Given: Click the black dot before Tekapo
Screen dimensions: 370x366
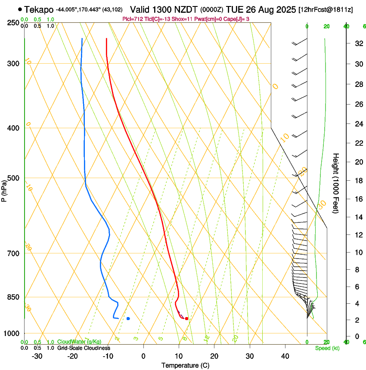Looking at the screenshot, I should point(20,9).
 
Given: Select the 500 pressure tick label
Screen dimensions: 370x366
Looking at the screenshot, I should point(14,178).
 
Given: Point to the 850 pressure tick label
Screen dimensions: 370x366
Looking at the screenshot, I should point(14,297).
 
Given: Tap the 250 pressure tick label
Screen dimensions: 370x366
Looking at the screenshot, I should point(14,22).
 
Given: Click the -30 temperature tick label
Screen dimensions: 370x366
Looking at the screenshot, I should point(37,356).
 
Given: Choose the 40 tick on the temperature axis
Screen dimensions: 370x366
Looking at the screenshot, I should point(285,356).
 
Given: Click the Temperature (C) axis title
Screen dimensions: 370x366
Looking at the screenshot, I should point(185,365).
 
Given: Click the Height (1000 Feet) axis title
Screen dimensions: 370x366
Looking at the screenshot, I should point(336,183).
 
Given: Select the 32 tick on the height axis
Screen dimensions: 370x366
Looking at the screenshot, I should point(358,43).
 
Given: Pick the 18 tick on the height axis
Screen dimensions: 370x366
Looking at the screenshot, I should point(358,181).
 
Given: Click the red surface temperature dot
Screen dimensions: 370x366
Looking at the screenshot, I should point(186,318).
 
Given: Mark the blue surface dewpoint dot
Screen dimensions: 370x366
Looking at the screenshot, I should point(128,318).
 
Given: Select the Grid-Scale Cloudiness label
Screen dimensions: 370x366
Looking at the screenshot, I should point(84,348).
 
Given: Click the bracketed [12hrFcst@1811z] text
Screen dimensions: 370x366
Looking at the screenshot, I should point(326,9).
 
